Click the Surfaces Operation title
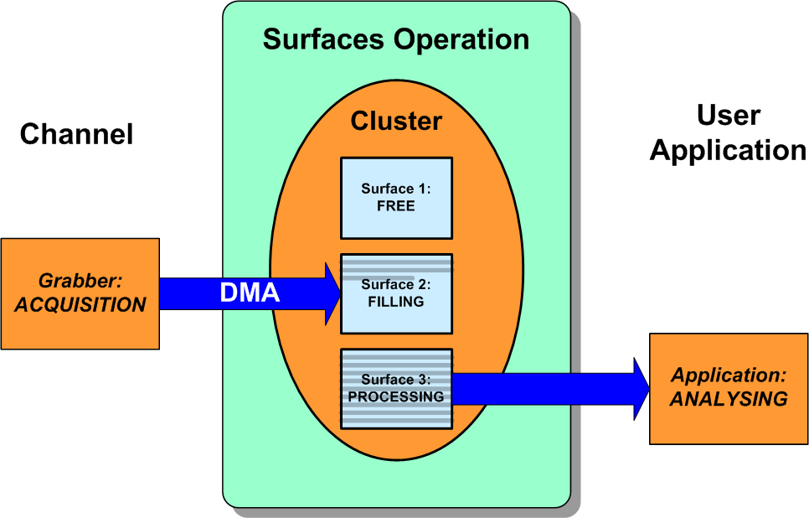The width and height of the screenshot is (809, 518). click(395, 39)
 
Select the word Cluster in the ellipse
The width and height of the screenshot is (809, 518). click(396, 121)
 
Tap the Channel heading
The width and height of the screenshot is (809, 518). click(76, 134)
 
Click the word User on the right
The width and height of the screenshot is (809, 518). click(728, 116)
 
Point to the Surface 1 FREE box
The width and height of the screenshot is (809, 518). click(396, 198)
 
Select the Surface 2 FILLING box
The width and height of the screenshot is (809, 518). click(396, 294)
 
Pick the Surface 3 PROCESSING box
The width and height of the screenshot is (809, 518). click(396, 389)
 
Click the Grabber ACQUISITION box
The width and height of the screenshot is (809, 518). click(80, 293)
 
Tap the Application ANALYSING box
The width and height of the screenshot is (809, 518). click(729, 388)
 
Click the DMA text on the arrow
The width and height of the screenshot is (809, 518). click(249, 293)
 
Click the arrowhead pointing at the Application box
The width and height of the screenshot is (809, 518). click(641, 389)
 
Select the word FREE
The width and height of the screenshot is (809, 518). click(396, 206)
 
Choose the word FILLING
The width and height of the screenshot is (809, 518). click(396, 303)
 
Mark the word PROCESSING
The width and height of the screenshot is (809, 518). click(396, 397)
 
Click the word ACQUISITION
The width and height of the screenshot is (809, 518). click(80, 305)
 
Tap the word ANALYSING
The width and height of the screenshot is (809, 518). click(729, 399)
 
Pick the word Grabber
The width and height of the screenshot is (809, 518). click(80, 282)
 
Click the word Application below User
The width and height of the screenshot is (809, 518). click(728, 151)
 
